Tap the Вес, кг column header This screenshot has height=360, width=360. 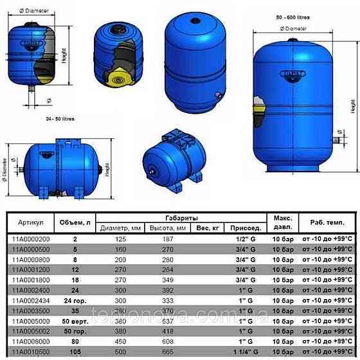coord(208,228)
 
